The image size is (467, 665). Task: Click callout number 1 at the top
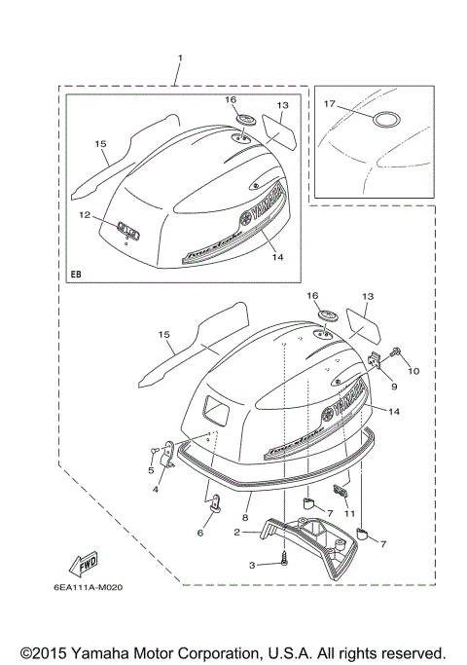click(180, 58)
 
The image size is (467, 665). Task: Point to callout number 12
click(85, 213)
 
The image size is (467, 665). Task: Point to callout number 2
click(236, 533)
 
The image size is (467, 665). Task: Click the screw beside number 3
click(282, 559)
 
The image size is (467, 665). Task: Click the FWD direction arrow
click(82, 563)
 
